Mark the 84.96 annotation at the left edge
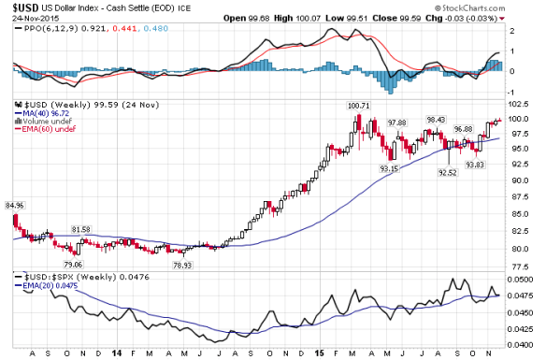point(15,204)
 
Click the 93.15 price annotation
point(388,167)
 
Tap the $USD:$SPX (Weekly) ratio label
point(55,278)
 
